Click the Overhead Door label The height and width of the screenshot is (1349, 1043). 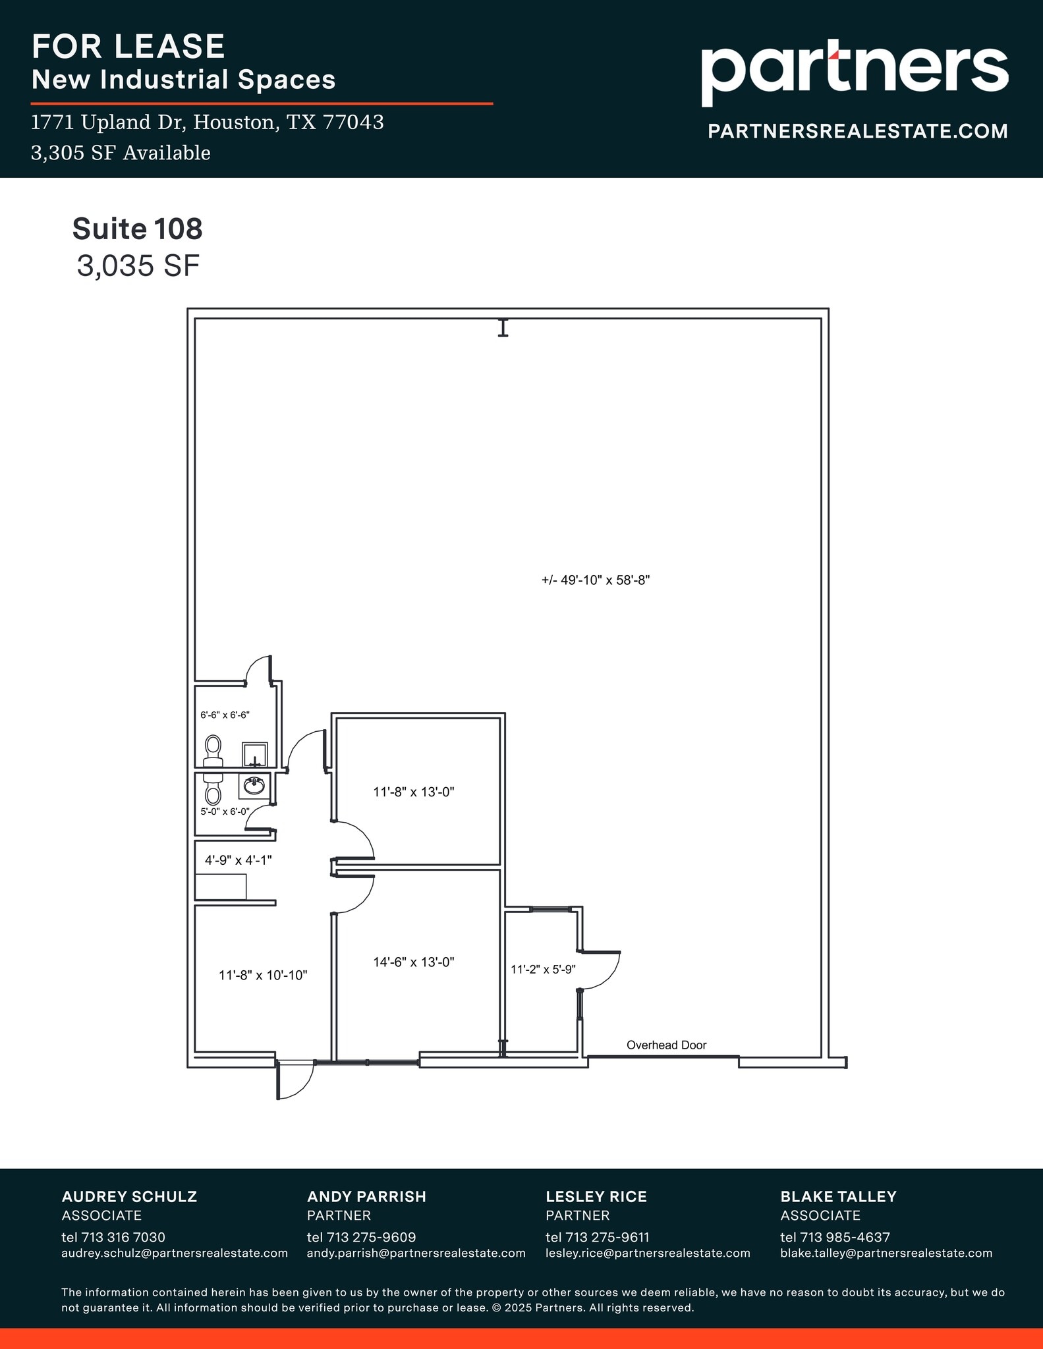click(666, 1045)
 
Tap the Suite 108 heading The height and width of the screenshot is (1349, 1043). click(137, 229)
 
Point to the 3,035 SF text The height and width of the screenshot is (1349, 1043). click(138, 266)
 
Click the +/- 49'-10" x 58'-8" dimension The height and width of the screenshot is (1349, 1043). click(596, 580)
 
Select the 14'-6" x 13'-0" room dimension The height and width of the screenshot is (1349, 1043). click(414, 962)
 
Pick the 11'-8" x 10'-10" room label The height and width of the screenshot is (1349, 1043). click(263, 975)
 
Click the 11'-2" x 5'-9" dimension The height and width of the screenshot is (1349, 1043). click(544, 970)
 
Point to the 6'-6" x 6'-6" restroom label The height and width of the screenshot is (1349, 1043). click(225, 715)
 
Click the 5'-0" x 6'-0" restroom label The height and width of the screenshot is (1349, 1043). click(225, 812)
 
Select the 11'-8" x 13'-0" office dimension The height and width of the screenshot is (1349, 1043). click(414, 792)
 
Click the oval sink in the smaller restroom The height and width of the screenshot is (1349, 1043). click(254, 785)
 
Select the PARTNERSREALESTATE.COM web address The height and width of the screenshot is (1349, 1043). click(857, 131)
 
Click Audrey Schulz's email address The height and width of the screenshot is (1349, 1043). click(175, 1253)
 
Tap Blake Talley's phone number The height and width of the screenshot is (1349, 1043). click(835, 1237)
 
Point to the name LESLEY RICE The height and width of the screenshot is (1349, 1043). click(596, 1196)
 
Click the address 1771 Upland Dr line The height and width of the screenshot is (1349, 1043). click(208, 123)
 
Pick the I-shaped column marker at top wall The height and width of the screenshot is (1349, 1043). click(503, 327)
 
